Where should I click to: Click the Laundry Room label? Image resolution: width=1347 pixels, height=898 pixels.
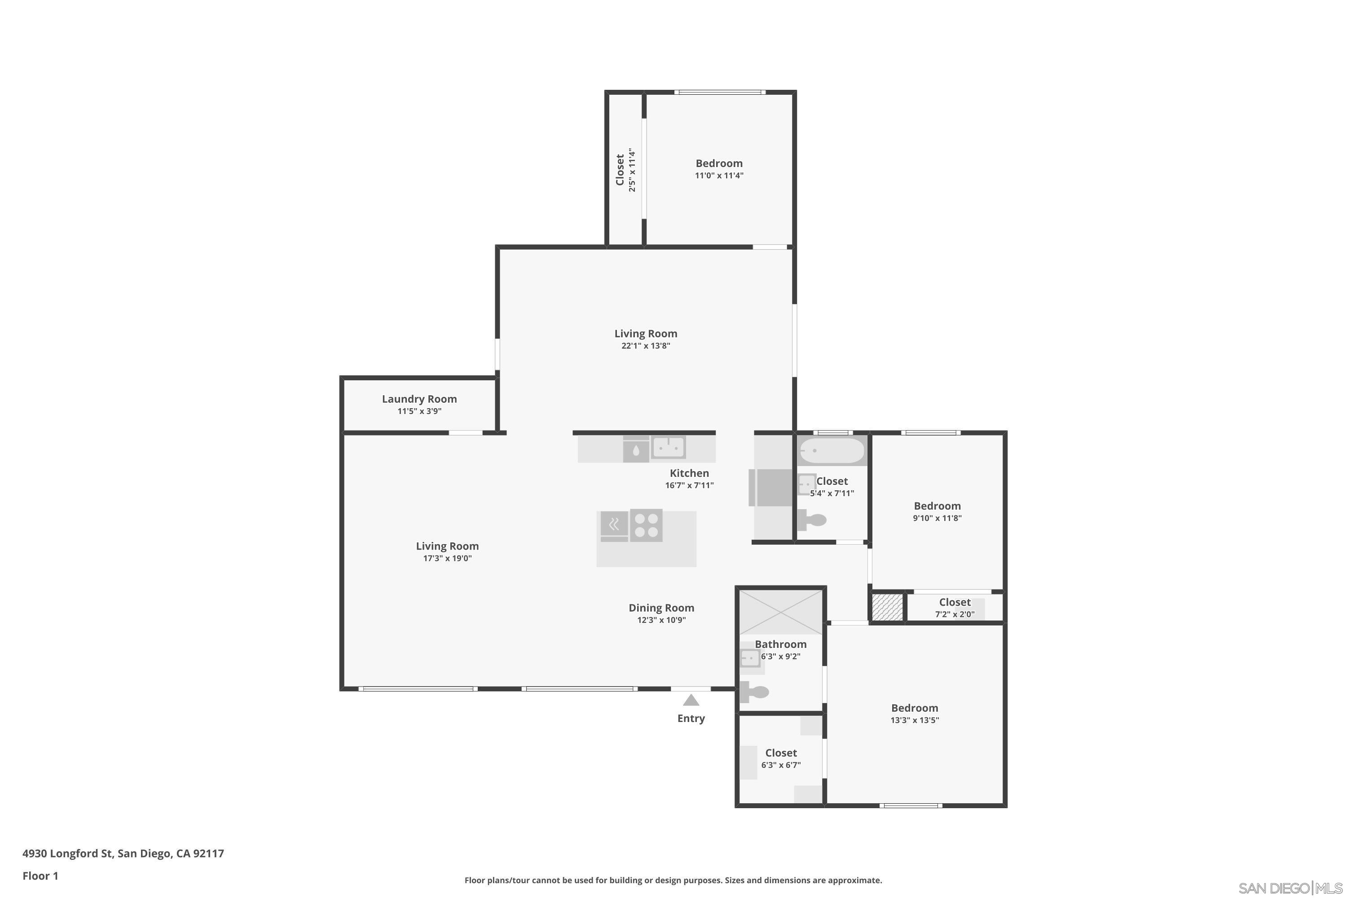pyautogui.click(x=419, y=399)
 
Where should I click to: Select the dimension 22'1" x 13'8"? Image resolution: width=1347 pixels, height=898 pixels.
pyautogui.click(x=646, y=346)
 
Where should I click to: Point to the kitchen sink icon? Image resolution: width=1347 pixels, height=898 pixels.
pyautogui.click(x=669, y=447)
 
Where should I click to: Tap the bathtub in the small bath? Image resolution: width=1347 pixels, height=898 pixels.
pyautogui.click(x=831, y=451)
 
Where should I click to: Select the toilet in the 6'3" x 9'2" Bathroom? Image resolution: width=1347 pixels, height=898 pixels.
pyautogui.click(x=755, y=692)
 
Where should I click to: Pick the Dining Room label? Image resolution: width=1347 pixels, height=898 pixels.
pyautogui.click(x=661, y=607)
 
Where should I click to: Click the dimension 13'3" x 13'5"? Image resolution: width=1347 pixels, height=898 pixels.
pyautogui.click(x=914, y=721)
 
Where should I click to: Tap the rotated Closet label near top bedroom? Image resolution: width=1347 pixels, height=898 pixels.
pyautogui.click(x=620, y=170)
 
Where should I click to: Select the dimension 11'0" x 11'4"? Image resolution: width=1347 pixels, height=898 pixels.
pyautogui.click(x=719, y=176)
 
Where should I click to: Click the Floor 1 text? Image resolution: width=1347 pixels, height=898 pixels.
pyautogui.click(x=40, y=876)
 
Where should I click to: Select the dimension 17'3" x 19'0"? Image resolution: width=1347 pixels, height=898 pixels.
pyautogui.click(x=447, y=559)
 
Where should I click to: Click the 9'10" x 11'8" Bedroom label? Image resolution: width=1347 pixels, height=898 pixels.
pyautogui.click(x=937, y=506)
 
